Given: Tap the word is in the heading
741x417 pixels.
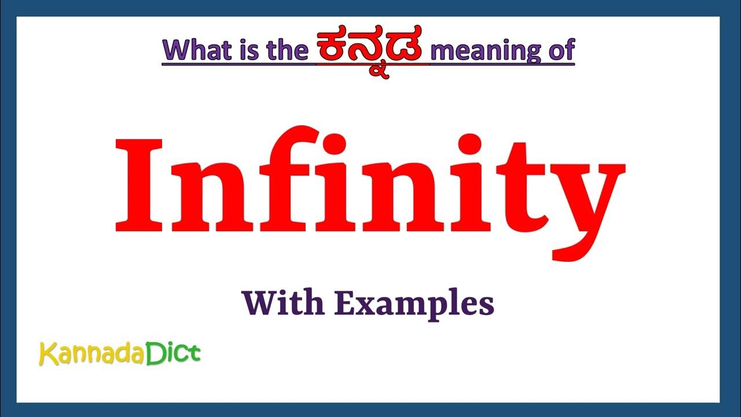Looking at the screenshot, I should tap(250, 50).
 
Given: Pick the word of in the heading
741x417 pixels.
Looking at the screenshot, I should tap(560, 50).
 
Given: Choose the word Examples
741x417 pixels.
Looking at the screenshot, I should tap(414, 304).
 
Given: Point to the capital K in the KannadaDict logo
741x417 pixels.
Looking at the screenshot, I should tap(47, 354).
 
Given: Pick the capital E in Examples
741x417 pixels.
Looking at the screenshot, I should tap(345, 303).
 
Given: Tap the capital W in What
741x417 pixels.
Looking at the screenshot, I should tap(176, 50).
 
